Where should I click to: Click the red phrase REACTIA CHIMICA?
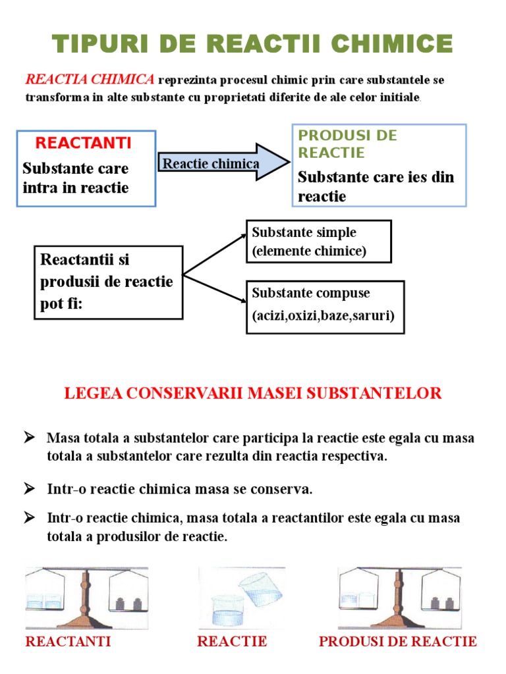[x=90, y=80]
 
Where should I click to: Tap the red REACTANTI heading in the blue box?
[x=83, y=143]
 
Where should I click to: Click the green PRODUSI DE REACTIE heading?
[x=347, y=144]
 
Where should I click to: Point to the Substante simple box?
[x=319, y=242]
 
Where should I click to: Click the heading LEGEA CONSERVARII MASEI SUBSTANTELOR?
[x=252, y=394]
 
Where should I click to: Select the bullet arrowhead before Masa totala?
[x=29, y=437]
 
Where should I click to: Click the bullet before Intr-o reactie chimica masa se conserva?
[x=29, y=488]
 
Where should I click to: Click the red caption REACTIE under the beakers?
[x=232, y=642]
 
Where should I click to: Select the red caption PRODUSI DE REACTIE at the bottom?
[x=398, y=642]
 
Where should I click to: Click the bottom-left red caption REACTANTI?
[x=68, y=642]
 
